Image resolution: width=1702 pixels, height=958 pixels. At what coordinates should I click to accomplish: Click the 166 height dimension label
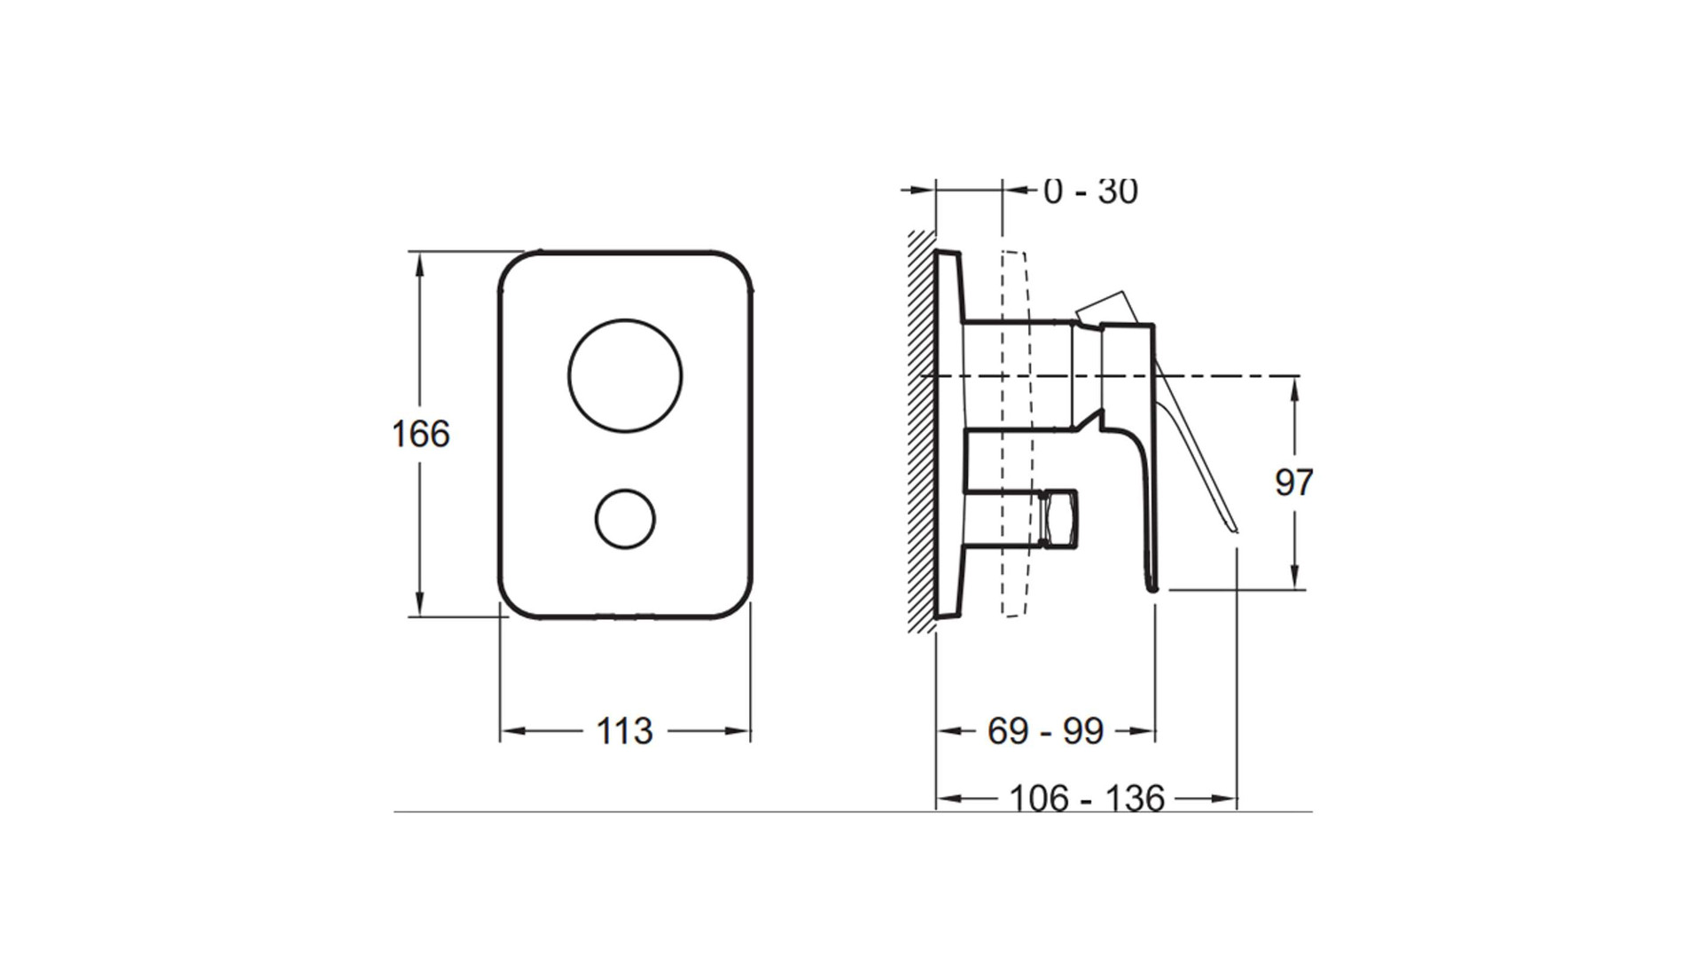421,434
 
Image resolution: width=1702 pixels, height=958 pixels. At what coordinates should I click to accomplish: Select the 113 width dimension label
624,731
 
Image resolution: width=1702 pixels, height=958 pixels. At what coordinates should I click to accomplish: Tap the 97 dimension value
1294,483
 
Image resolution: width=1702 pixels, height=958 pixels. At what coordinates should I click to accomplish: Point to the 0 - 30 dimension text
1090,191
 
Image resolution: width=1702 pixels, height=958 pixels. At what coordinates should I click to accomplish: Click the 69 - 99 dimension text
1046,731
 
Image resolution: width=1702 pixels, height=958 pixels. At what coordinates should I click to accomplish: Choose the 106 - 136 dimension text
1087,798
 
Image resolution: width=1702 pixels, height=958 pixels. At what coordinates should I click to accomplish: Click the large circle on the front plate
625,375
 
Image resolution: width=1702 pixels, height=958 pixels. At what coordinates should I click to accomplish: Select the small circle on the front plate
625,518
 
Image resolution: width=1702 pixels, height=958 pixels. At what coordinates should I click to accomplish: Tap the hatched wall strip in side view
922,432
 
